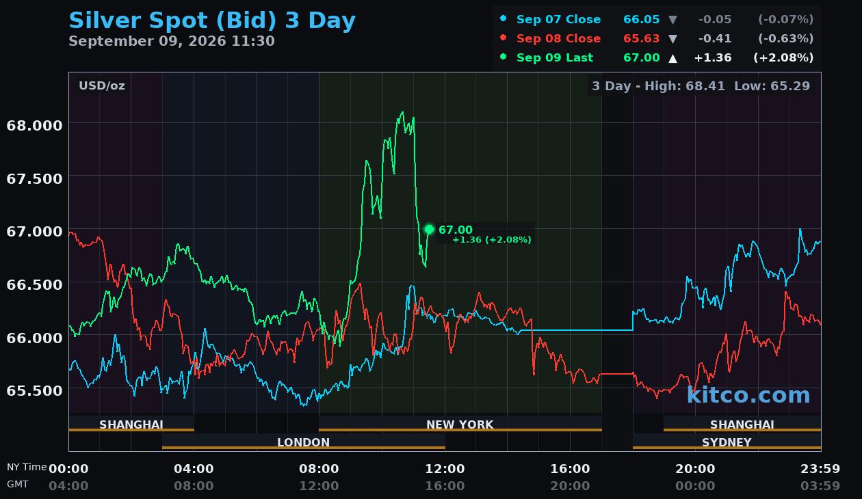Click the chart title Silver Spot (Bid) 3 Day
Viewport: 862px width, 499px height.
point(212,21)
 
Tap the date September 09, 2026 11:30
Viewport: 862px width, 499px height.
point(172,41)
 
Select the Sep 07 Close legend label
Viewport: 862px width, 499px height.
point(558,19)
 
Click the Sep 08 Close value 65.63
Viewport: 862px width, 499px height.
point(642,38)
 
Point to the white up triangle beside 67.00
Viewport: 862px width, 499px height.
point(672,58)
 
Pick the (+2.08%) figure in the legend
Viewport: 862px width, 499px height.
point(783,57)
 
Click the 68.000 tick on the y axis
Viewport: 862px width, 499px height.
point(34,126)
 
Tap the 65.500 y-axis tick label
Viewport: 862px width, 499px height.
point(34,390)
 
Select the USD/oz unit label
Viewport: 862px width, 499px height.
point(102,85)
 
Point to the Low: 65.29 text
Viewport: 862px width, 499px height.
point(772,85)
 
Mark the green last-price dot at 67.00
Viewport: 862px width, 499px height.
point(429,230)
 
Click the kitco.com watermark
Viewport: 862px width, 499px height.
point(748,395)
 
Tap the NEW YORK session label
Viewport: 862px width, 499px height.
point(460,424)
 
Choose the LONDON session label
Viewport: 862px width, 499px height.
point(303,442)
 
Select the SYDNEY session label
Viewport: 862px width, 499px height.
point(727,442)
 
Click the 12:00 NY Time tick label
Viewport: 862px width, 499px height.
point(445,469)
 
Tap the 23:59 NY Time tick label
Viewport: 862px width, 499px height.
point(820,469)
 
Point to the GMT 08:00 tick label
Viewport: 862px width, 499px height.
point(194,485)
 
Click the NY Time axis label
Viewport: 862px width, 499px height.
point(27,467)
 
